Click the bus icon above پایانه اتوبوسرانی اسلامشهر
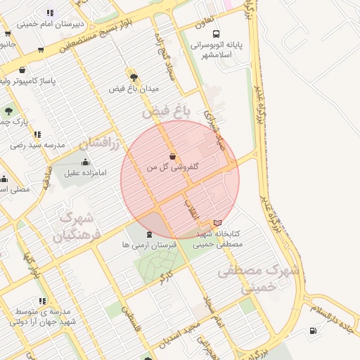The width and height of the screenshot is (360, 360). [x=217, y=34]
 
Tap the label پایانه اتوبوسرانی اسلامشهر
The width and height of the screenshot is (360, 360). [x=217, y=50]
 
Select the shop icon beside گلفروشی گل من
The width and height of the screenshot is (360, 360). [x=173, y=157]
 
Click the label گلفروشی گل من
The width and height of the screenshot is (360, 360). [x=172, y=168]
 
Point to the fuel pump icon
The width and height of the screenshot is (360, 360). [x=312, y=331]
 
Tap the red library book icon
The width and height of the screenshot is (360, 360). [x=217, y=223]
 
